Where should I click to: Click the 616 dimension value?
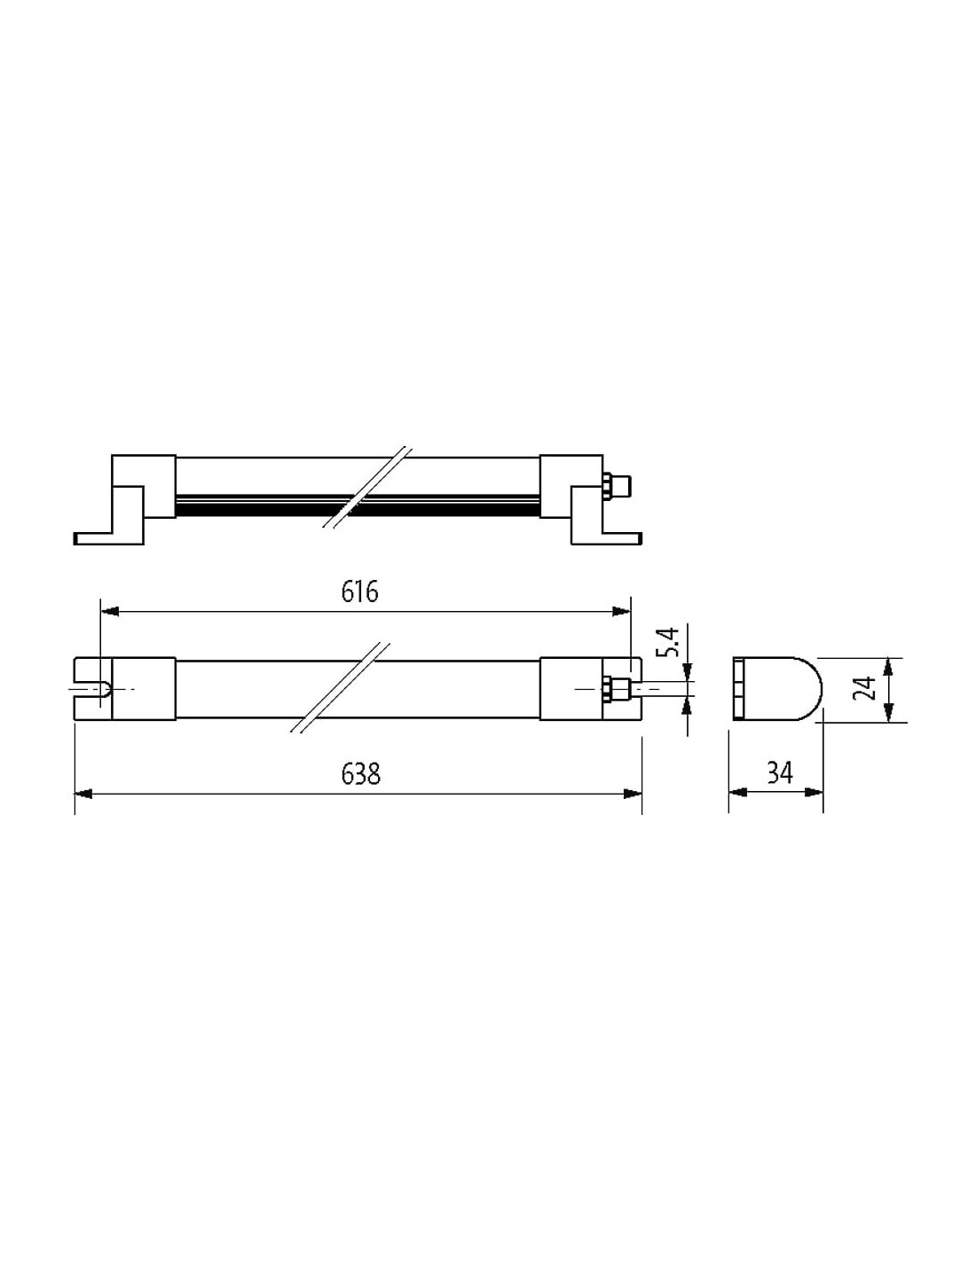click(359, 591)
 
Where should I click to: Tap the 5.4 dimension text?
click(670, 642)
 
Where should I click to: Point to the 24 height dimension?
click(867, 689)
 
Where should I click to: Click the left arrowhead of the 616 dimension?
click(110, 612)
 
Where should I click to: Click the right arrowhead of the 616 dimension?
click(621, 612)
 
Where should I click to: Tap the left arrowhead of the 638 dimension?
click(83, 794)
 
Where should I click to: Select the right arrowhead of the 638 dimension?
click(633, 794)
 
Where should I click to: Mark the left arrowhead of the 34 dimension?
click(738, 793)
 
